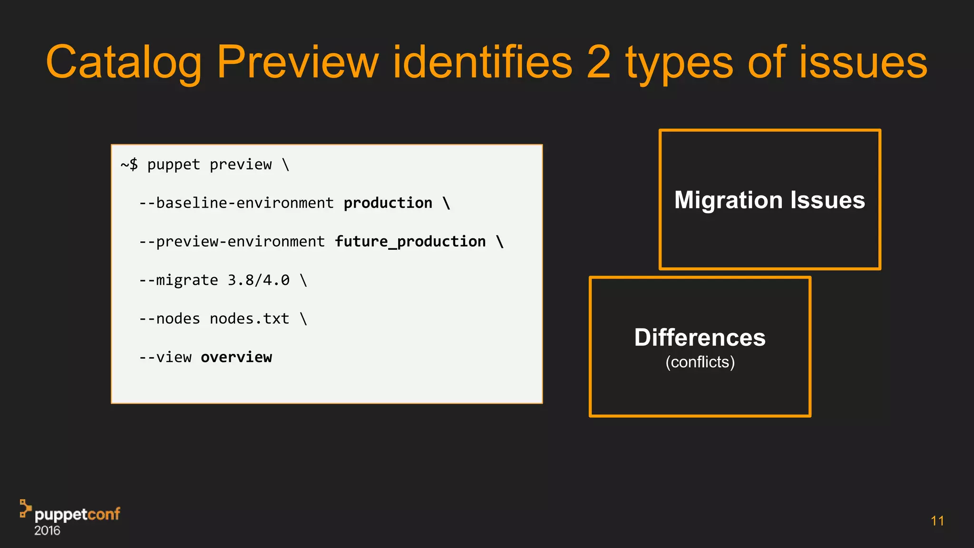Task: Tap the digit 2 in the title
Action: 598,62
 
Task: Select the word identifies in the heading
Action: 482,62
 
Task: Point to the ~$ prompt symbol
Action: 129,165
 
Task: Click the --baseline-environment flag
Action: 236,203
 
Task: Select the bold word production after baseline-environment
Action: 388,203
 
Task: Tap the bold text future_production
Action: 410,242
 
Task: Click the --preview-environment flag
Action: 232,242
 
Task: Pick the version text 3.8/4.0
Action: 258,280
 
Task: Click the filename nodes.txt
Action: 249,319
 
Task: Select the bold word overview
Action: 236,357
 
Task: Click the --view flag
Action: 165,357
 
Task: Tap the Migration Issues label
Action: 769,200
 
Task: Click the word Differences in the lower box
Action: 700,338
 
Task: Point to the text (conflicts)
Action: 700,362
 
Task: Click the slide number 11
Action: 937,521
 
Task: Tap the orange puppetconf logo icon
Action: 25,508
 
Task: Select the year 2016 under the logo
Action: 47,531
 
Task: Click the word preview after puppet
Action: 241,165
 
